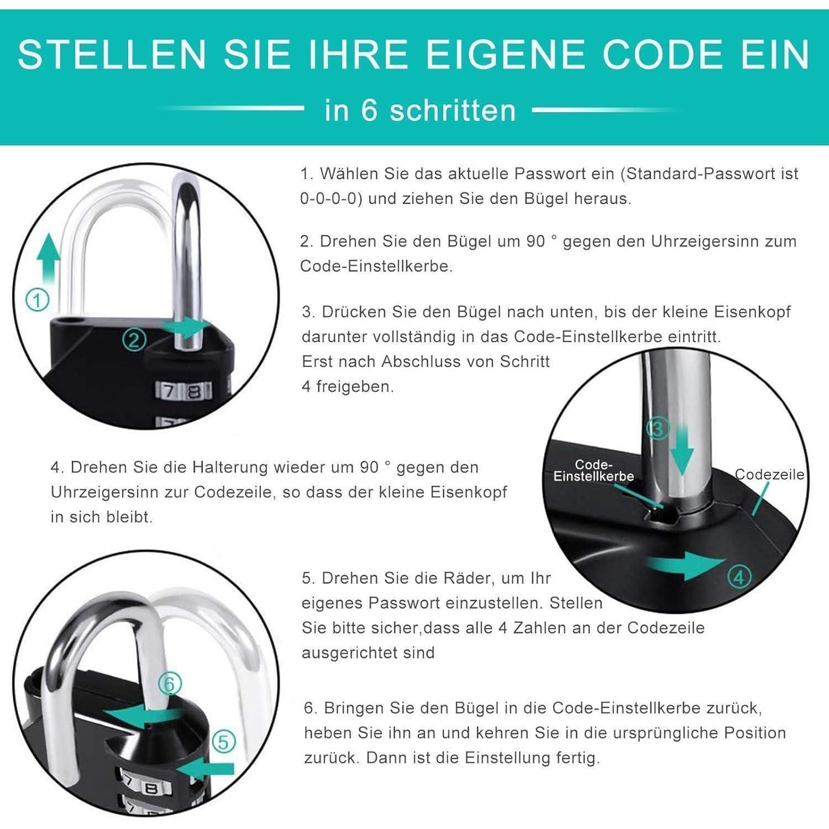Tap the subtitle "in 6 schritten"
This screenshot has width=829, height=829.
click(x=420, y=110)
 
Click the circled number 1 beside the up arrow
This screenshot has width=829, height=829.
click(x=38, y=301)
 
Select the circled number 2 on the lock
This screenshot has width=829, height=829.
click(x=134, y=340)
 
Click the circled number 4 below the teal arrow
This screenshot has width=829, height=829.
click(x=739, y=577)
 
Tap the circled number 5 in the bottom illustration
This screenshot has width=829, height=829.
click(x=224, y=742)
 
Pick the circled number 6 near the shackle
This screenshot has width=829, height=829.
click(x=170, y=684)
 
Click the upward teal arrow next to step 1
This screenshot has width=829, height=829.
click(x=49, y=259)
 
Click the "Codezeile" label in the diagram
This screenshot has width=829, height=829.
click(x=769, y=474)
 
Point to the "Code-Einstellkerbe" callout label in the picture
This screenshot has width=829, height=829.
click(x=594, y=470)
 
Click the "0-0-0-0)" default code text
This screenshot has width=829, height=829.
click(x=331, y=199)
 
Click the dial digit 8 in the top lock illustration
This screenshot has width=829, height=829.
click(x=193, y=391)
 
